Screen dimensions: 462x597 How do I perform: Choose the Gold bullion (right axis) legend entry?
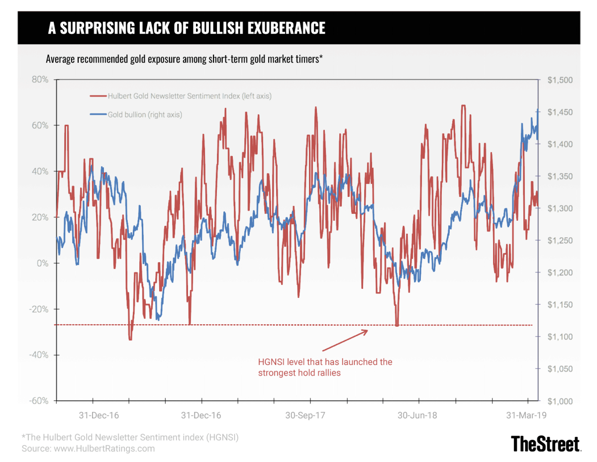(145, 114)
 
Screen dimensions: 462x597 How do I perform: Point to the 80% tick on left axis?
(38, 80)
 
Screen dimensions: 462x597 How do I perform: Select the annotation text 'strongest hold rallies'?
(299, 372)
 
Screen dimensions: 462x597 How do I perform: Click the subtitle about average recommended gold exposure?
(185, 59)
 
